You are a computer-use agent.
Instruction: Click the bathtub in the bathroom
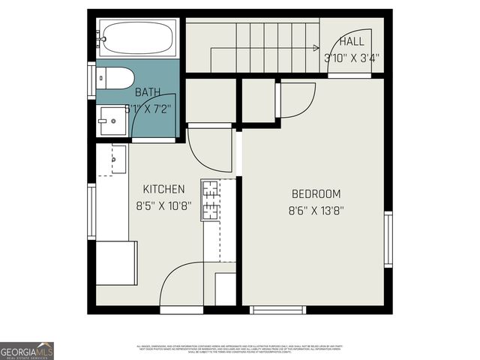pos(139,35)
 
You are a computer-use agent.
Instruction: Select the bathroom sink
pos(115,119)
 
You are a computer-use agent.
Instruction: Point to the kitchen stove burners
pos(210,200)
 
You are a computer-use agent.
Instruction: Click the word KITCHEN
pos(163,189)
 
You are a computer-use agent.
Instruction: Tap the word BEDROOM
pos(316,193)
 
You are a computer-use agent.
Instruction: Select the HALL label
pos(352,42)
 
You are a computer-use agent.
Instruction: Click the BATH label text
pos(148,93)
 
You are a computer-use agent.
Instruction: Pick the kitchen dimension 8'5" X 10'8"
pos(163,205)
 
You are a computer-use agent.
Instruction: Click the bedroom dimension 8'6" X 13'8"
pos(316,211)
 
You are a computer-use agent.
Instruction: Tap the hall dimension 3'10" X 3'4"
pos(352,57)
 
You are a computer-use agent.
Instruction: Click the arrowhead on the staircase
pos(316,49)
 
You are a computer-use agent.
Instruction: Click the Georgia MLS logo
pos(27,350)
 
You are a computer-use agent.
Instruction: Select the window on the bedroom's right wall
pos(388,238)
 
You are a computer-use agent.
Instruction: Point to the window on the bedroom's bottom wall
pos(277,309)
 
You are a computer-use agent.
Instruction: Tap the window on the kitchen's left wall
pos(91,212)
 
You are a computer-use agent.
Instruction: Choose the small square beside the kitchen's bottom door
pos(226,288)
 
